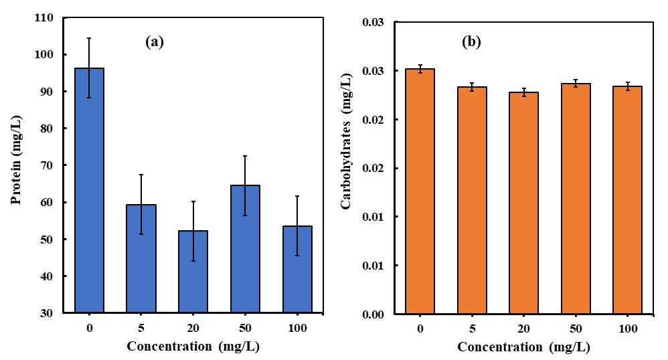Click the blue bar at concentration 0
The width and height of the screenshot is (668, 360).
point(89,191)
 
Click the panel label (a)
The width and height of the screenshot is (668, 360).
point(155,42)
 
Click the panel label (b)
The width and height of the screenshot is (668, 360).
point(471,42)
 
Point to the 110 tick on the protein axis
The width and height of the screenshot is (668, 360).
point(48,18)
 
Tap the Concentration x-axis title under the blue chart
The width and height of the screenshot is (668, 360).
point(192,347)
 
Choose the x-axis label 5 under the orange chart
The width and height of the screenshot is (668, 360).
point(471,329)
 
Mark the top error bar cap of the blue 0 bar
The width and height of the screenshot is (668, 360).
point(89,38)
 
